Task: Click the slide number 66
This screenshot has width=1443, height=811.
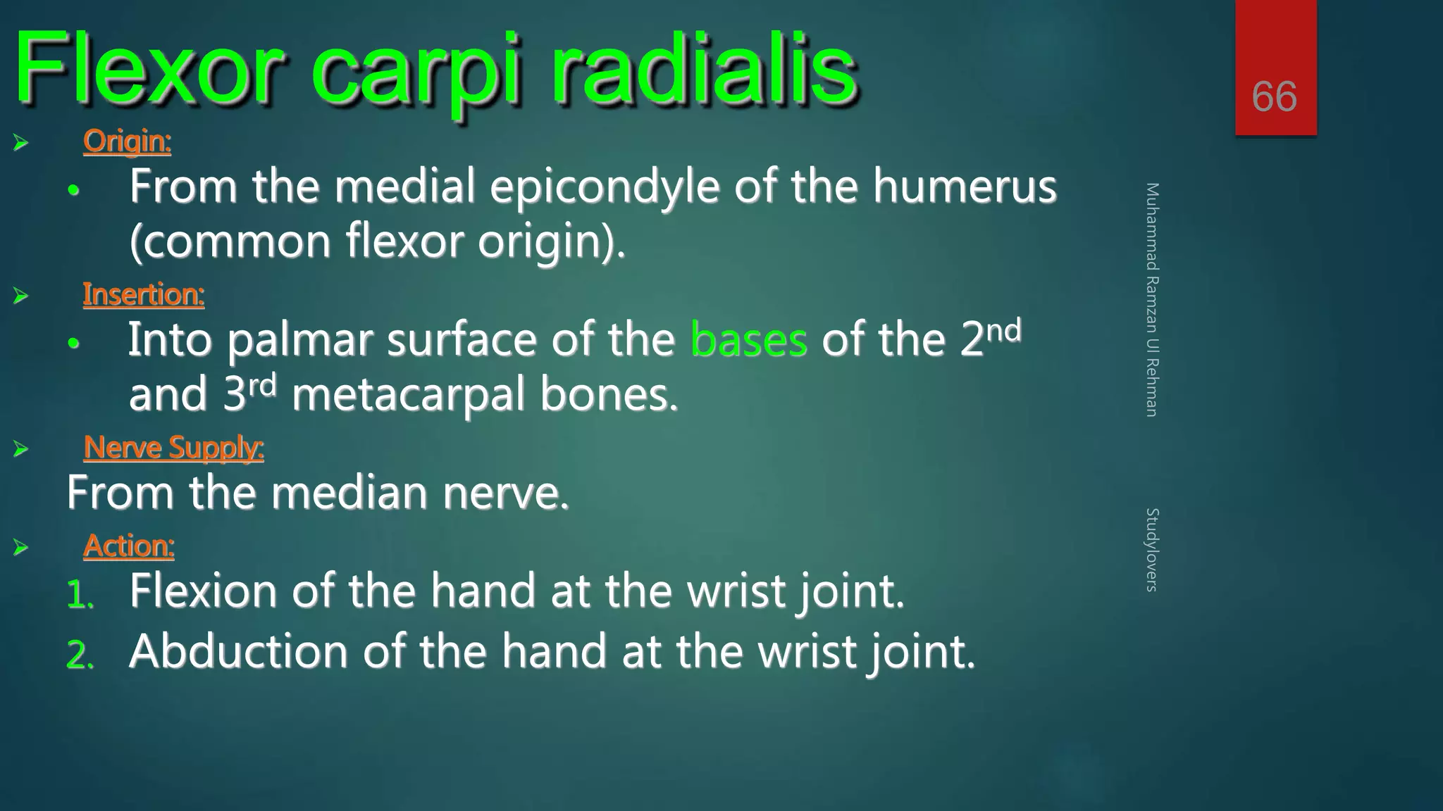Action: coord(1274,96)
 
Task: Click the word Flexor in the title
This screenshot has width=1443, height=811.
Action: coord(148,70)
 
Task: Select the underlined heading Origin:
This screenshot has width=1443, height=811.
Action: coord(127,142)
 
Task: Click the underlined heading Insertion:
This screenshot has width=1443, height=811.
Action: coord(144,294)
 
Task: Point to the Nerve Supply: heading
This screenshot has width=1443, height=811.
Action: coord(173,448)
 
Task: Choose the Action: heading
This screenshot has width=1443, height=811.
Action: coord(129,546)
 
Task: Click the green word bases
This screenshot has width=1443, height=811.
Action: coord(748,340)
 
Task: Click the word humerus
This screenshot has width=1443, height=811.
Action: coord(965,187)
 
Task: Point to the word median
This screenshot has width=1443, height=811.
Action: coord(349,493)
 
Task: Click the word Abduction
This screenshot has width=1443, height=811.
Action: coord(238,651)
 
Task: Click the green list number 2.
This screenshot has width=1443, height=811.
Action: coord(80,655)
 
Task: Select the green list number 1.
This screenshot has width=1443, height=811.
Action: coord(80,596)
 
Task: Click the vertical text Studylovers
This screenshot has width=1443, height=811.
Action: coord(1152,550)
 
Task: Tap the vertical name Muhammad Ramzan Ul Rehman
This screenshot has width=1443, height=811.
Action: coord(1152,300)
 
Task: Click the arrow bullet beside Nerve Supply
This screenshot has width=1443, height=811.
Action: coord(20,448)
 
